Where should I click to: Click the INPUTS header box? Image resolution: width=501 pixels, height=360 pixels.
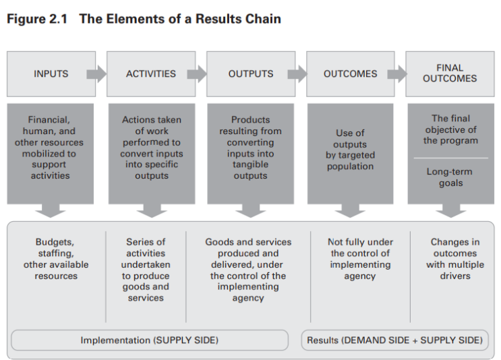[51, 73]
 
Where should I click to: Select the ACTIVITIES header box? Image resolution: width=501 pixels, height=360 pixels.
[150, 73]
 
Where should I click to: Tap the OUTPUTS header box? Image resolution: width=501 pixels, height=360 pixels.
[250, 73]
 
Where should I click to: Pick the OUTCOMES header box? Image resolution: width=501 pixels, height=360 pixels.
[350, 73]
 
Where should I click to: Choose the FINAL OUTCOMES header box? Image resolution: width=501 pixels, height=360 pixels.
[450, 73]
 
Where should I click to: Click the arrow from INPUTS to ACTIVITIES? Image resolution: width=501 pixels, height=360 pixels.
[97, 73]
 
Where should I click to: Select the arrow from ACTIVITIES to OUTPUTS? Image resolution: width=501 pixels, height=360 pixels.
[197, 73]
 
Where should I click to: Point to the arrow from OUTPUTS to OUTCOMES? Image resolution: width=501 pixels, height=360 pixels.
[297, 73]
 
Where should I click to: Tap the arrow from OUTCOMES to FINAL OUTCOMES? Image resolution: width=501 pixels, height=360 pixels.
[396, 73]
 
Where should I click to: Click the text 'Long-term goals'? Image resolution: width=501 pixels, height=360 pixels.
[450, 177]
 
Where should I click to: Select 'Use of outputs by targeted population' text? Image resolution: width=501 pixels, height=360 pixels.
[350, 150]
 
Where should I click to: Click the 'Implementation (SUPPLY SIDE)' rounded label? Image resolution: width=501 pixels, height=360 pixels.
[150, 340]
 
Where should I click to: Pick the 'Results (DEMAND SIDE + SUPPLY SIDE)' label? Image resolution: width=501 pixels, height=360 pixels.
[394, 340]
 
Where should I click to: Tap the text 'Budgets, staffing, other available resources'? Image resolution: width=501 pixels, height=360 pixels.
[56, 259]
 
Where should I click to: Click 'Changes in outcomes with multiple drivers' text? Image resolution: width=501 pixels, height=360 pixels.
[454, 259]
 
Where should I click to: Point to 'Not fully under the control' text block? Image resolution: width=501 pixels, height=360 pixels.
[360, 259]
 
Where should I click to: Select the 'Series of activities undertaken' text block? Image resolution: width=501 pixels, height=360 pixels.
[146, 270]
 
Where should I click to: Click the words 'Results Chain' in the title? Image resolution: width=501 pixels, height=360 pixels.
[239, 19]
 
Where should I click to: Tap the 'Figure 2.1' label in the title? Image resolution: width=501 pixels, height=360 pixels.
[37, 19]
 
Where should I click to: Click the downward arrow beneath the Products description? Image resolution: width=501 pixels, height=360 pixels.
[250, 210]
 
